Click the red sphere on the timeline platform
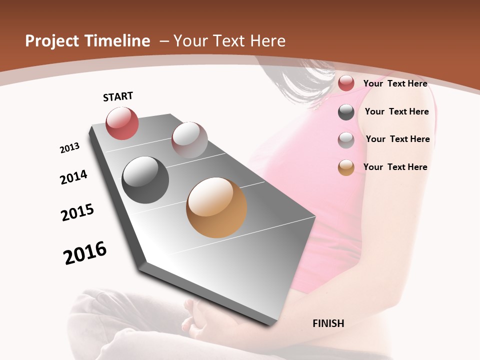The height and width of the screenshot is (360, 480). point(122,123)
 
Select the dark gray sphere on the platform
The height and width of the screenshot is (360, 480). point(145,180)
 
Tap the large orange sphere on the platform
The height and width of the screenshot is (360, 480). point(216,207)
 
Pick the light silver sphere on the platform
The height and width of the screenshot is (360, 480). point(189,139)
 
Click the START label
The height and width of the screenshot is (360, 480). point(118,96)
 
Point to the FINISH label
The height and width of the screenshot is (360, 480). point(328,323)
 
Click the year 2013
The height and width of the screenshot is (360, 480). point(70,148)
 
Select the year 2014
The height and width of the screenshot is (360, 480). point(73,177)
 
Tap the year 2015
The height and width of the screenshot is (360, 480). point(77,212)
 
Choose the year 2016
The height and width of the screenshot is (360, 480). point(85,253)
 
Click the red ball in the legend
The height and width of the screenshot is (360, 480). point(346,83)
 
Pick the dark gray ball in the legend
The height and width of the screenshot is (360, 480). point(346,112)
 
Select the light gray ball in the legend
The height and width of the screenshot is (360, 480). point(346,140)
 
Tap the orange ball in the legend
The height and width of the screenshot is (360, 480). point(346,168)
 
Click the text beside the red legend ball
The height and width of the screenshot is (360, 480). point(395,83)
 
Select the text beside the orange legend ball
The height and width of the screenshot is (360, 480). point(395,167)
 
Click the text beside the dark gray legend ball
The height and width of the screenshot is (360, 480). point(396,111)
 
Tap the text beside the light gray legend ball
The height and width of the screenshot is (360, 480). point(397,139)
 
